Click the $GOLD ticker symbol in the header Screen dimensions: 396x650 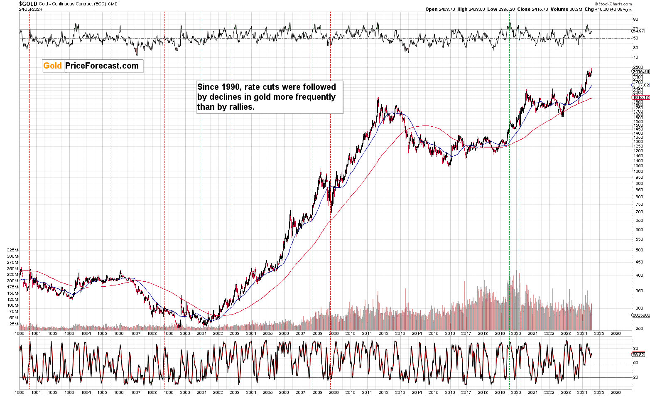[28, 4]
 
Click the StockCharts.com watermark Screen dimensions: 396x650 [615, 4]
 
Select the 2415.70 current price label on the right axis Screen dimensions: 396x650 [640, 71]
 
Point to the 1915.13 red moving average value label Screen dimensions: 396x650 [640, 97]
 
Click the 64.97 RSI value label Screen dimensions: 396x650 [638, 31]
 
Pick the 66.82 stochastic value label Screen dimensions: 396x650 [638, 354]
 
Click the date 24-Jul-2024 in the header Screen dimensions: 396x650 [31, 9]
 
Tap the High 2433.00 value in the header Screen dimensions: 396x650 [471, 9]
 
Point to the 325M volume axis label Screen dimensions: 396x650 [13, 250]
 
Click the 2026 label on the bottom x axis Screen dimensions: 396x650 [616, 392]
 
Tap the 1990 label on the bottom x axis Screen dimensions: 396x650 [20, 392]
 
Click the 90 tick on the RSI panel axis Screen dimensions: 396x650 [635, 20]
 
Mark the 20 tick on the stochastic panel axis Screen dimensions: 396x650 [635, 377]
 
